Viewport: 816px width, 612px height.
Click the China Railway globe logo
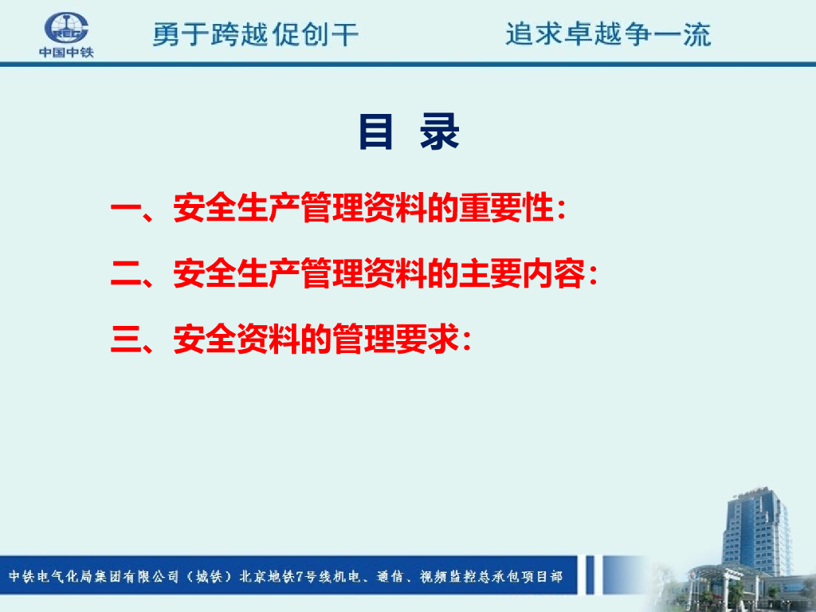66,28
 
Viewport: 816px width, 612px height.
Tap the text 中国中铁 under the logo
66,52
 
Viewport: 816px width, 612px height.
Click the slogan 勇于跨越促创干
256,34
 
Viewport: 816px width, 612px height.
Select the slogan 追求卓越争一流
608,34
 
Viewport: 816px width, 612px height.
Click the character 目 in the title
375,131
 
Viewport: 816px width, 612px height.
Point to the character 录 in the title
440,131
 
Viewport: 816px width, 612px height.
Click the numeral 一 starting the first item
126,210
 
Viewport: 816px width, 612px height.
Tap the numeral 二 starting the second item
126,274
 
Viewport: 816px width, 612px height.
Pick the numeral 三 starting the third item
126,339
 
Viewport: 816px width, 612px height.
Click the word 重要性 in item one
504,208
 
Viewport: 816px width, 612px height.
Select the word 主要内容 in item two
521,274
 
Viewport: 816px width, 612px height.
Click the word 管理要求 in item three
395,339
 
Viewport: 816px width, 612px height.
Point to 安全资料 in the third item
237,339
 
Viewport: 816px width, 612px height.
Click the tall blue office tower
758,531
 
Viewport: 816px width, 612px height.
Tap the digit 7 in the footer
300,576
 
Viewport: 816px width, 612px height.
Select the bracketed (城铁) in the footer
209,576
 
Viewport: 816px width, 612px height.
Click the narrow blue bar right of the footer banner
590,575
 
